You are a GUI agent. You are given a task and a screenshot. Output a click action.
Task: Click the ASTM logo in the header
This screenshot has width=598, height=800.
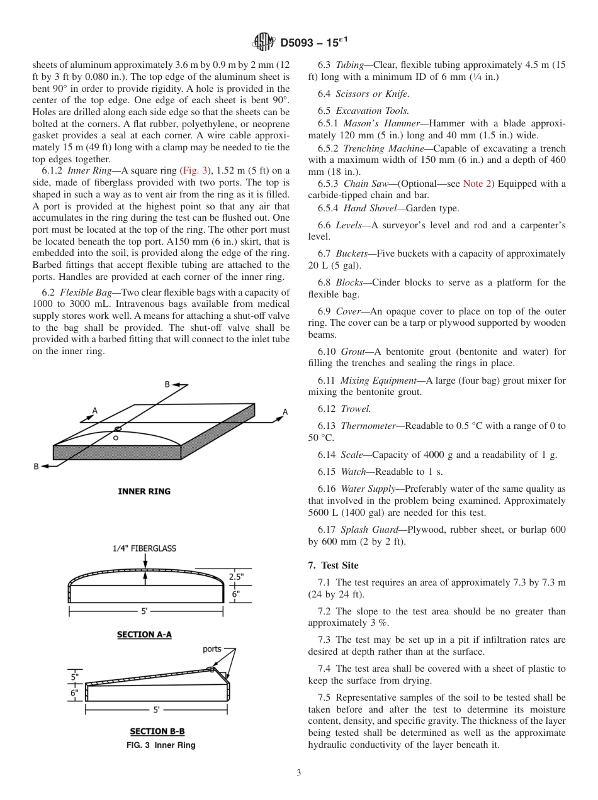tap(264, 42)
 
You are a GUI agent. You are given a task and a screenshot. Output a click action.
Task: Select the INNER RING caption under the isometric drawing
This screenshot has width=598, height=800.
tap(144, 491)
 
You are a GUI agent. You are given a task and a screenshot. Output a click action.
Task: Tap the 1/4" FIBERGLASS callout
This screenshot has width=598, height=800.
tap(144, 548)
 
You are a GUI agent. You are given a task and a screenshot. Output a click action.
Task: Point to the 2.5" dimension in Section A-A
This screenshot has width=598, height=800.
tap(235, 576)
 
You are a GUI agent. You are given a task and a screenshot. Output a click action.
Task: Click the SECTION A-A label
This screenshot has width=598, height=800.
tap(144, 635)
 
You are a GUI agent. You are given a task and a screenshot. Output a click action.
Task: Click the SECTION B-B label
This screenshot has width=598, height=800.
tap(157, 731)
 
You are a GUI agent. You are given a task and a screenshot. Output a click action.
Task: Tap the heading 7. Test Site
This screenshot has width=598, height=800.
tap(333, 565)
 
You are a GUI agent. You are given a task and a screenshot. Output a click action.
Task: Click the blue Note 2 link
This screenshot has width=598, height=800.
tap(475, 184)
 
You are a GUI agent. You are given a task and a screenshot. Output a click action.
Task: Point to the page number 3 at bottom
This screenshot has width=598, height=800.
tap(299, 773)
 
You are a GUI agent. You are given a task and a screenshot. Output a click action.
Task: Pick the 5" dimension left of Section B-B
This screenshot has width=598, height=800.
tap(74, 677)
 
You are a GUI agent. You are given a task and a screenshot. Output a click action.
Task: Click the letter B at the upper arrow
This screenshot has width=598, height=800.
tap(167, 384)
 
